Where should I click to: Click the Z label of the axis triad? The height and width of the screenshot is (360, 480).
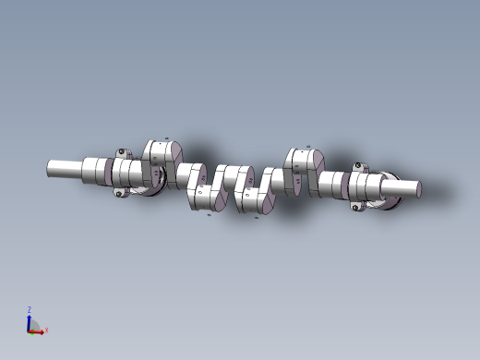pyautogui.click(x=29, y=310)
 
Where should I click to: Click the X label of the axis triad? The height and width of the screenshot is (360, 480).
pyautogui.click(x=46, y=330)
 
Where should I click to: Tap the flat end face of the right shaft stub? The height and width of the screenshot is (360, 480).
pyautogui.click(x=418, y=189)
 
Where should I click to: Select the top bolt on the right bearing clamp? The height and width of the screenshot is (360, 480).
pyautogui.click(x=357, y=167)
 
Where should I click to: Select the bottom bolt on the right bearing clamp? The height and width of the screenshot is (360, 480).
pyautogui.click(x=355, y=208)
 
